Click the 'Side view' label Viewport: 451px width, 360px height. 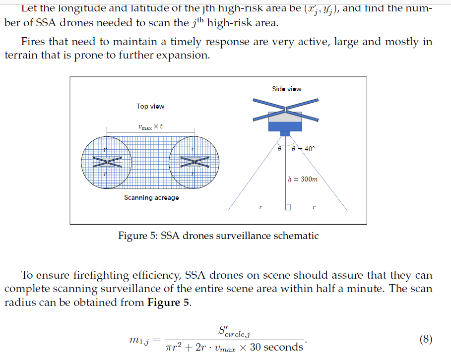(286, 89)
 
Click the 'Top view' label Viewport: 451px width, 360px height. (150, 106)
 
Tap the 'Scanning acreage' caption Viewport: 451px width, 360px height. (151, 198)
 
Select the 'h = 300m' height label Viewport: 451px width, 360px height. (303, 179)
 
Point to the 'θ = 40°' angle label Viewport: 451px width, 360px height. (303, 148)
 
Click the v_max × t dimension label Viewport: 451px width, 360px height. (150, 127)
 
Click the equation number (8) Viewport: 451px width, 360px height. (426, 340)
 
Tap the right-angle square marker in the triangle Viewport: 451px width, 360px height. (287, 206)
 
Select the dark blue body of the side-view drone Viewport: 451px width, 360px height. (285, 126)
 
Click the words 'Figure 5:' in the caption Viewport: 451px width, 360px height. (137, 236)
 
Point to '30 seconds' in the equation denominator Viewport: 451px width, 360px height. (276, 347)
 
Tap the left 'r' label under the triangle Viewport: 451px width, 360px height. (260, 206)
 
